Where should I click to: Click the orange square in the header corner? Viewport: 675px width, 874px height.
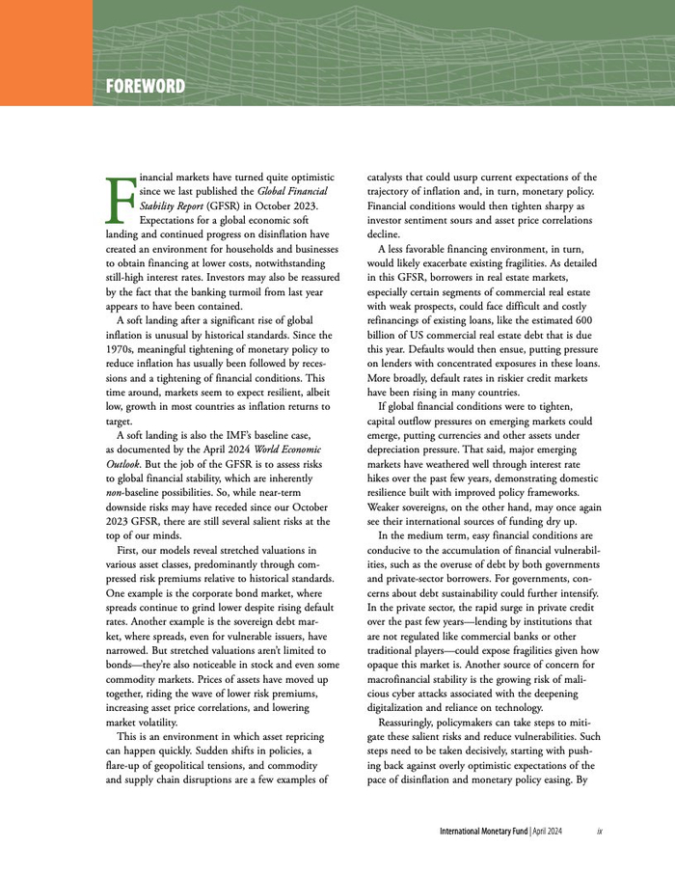pos(45,52)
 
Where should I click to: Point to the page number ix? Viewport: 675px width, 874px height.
pos(600,831)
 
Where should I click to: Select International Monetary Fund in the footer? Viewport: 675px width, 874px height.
pos(483,831)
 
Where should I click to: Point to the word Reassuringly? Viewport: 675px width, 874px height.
pos(408,721)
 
